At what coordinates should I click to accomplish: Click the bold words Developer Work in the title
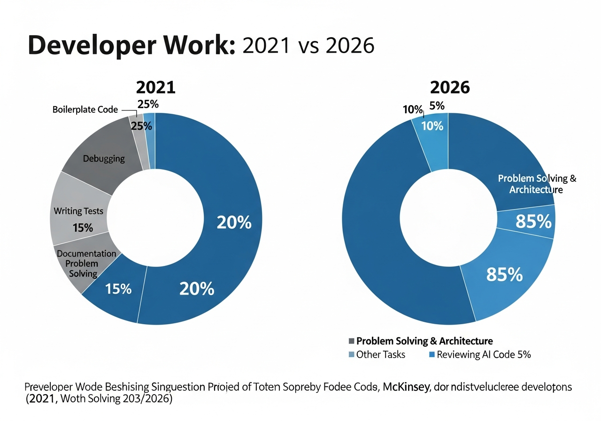[x=131, y=46]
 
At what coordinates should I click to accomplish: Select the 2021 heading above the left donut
[x=155, y=88]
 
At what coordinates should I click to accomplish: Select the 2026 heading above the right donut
[x=450, y=88]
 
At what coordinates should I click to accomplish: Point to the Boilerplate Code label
[x=85, y=110]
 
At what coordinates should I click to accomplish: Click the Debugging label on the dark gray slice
[x=104, y=158]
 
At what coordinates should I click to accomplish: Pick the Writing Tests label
[x=78, y=211]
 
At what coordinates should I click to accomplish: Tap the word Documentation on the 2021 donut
[x=86, y=253]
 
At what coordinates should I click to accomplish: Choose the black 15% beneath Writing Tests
[x=83, y=228]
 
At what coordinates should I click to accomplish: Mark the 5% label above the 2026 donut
[x=437, y=106]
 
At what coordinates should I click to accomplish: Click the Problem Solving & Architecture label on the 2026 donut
[x=537, y=184]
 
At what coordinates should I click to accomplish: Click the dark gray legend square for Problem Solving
[x=351, y=341]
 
